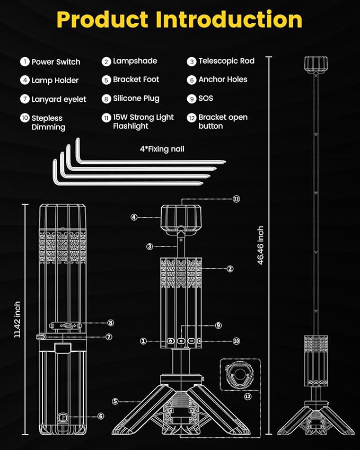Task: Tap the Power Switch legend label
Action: pyautogui.click(x=56, y=61)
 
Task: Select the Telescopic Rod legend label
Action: pyautogui.click(x=226, y=61)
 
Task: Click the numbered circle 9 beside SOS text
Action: pyautogui.click(x=191, y=98)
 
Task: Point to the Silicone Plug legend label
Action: pyautogui.click(x=136, y=98)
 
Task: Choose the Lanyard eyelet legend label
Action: pyautogui.click(x=58, y=99)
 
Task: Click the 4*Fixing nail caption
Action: pyautogui.click(x=162, y=149)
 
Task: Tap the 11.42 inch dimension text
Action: pyautogui.click(x=17, y=319)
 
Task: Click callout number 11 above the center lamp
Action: pyautogui.click(x=236, y=199)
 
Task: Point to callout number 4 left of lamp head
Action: pyautogui.click(x=134, y=217)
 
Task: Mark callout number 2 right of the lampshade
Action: pyautogui.click(x=230, y=269)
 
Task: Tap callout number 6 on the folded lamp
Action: pyautogui.click(x=101, y=416)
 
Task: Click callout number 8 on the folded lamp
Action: pyautogui.click(x=111, y=322)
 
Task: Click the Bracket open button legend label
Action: pyautogui.click(x=223, y=121)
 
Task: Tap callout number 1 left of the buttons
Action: pyautogui.click(x=143, y=341)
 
